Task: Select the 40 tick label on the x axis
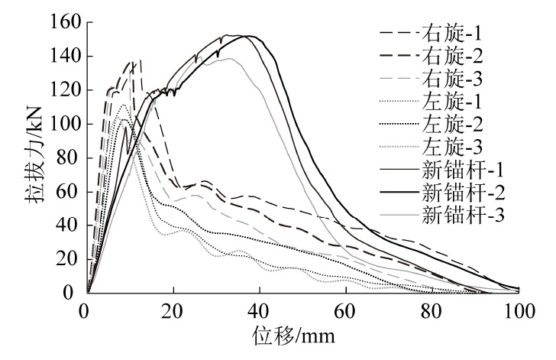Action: click(x=260, y=310)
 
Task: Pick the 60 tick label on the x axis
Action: click(x=346, y=310)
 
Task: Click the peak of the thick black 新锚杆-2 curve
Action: click(x=246, y=36)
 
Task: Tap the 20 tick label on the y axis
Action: click(x=67, y=259)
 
